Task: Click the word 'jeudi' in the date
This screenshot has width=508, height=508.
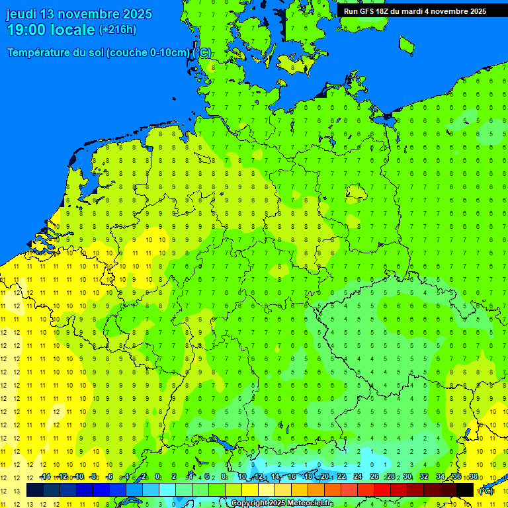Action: point(22,14)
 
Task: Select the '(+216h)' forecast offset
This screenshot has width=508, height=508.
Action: point(117,30)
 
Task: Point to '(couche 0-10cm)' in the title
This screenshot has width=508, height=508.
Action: point(148,53)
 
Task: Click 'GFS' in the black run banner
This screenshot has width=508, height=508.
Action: point(371,11)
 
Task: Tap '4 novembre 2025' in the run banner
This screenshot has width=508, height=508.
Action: point(454,11)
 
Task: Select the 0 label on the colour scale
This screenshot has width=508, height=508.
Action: point(157,477)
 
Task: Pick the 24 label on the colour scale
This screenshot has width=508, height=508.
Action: point(358,477)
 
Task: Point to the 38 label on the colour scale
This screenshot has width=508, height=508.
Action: point(473,477)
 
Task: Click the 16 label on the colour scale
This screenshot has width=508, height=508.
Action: point(292,477)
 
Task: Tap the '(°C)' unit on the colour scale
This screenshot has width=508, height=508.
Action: point(486,491)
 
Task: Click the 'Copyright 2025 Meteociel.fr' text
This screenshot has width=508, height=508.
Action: point(282,503)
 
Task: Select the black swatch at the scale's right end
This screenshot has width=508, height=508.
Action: point(465,489)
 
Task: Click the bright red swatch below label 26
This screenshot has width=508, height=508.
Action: point(382,489)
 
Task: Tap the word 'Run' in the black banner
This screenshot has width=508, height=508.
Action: point(351,11)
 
